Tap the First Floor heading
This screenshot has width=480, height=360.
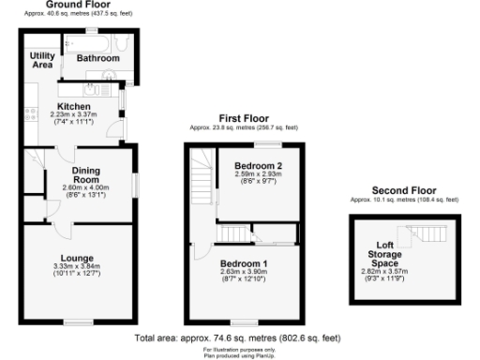point(243,118)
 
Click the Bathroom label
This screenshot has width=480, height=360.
point(98,58)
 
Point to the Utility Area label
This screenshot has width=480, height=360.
point(41,62)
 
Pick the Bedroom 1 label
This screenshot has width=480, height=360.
point(243,263)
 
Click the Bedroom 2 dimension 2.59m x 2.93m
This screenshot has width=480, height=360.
point(252,175)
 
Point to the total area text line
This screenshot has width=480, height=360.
point(237,337)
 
